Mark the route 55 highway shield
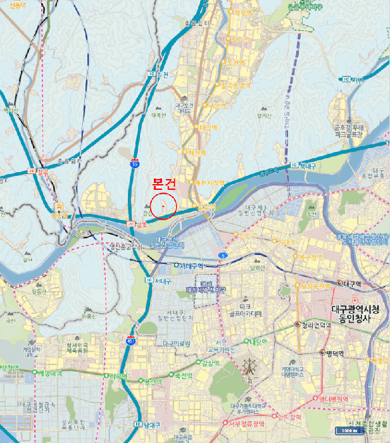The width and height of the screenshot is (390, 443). pyautogui.click(x=135, y=163)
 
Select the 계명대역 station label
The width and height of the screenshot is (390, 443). pyautogui.click(x=49, y=373)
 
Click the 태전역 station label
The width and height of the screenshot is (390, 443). pyautogui.click(x=207, y=127)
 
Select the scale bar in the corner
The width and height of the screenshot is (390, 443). pyautogui.click(x=349, y=431)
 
